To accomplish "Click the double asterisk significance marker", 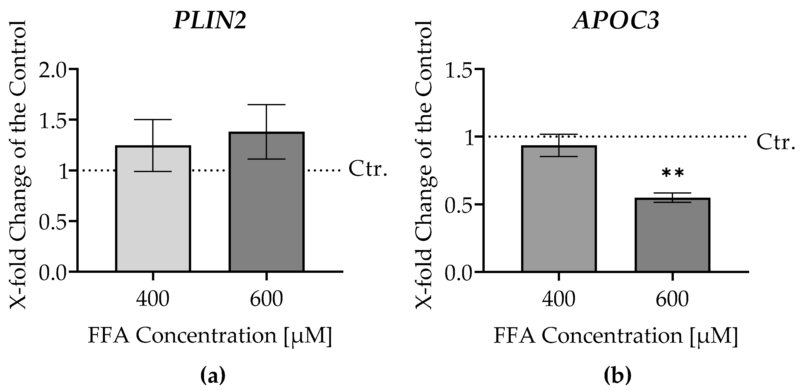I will (673, 173).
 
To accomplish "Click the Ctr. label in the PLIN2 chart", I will (368, 169).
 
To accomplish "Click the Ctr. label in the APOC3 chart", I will (775, 142).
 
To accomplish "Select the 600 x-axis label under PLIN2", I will (266, 299).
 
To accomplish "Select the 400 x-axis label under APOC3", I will (559, 299).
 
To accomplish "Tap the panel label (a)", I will (213, 376).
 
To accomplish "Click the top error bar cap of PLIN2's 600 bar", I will (266, 105).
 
